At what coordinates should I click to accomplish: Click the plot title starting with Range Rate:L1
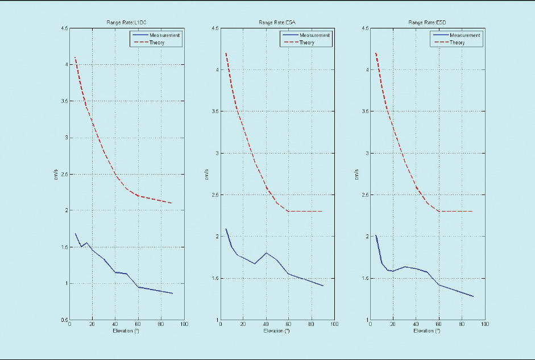126,23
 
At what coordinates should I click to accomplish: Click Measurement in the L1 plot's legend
164,35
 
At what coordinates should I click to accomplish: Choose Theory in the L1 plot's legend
157,43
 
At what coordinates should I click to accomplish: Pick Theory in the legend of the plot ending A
306,43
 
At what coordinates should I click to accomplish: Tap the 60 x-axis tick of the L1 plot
138,325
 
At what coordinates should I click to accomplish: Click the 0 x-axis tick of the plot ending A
220,325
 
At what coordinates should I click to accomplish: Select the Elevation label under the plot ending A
277,331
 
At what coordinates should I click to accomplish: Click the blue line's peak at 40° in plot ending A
266,253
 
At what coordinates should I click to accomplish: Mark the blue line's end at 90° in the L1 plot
172,293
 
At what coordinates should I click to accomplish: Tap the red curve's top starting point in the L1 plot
75,57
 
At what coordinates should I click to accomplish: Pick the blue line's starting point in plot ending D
376,235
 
